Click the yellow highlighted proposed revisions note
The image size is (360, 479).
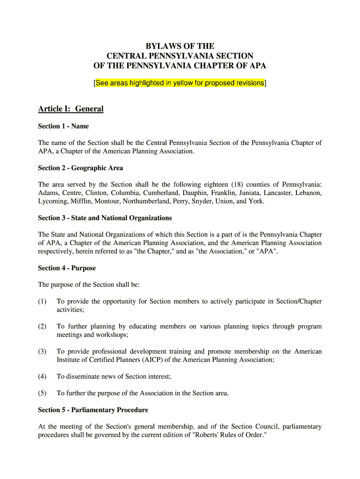[180, 83]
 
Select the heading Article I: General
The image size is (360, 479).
[71, 109]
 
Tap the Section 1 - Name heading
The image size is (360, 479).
[63, 126]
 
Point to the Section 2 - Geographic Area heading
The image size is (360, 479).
[80, 168]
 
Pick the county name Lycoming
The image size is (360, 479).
[53, 201]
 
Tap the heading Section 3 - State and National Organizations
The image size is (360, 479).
[105, 218]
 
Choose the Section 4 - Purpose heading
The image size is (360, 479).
[67, 268]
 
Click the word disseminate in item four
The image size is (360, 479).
[83, 376]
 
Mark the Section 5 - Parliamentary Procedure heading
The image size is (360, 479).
[93, 410]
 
